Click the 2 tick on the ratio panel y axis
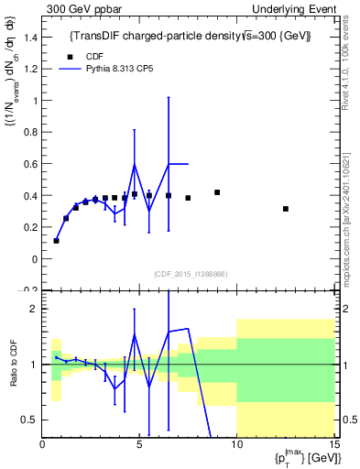33,309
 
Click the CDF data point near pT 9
217,192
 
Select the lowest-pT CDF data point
56,241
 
